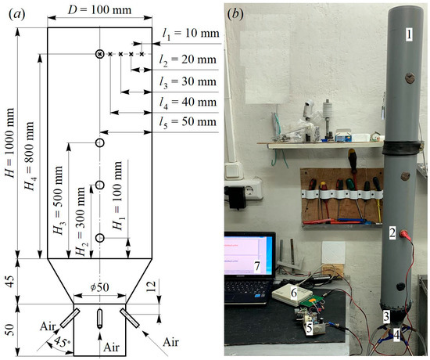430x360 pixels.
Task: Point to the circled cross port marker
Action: click(100, 54)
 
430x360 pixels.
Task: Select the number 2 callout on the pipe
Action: click(393, 233)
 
